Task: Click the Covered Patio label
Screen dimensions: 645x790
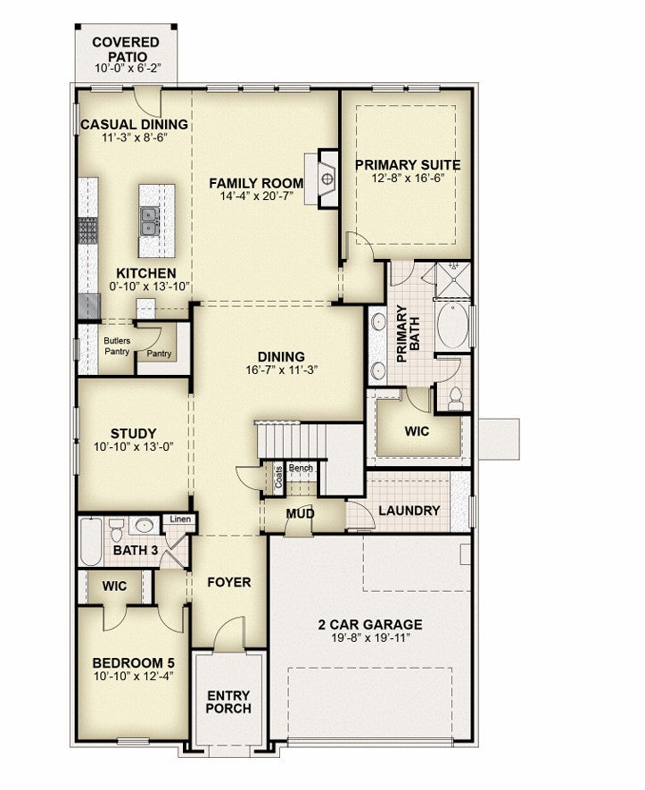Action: tap(126, 49)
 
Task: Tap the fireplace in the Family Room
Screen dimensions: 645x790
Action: tap(327, 178)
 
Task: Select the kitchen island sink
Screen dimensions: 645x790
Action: tap(150, 221)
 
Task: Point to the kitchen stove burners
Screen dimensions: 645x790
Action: tap(87, 231)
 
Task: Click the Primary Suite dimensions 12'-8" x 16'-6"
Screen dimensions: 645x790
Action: tap(408, 178)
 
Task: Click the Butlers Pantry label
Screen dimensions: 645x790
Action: tap(117, 346)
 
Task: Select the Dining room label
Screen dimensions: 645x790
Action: tap(281, 357)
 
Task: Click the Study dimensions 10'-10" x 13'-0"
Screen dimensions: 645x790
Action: tap(134, 446)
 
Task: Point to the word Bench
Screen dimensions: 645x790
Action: tap(301, 468)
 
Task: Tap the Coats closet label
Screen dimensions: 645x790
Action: tap(279, 476)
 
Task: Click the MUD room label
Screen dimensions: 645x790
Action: tap(300, 513)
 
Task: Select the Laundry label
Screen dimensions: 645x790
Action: tap(409, 511)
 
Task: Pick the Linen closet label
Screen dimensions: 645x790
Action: tap(180, 519)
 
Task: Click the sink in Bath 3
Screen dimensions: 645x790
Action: tap(145, 526)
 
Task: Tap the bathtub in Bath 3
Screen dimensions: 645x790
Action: tap(91, 542)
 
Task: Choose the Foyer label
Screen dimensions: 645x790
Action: tap(229, 582)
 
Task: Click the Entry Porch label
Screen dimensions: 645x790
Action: tap(228, 702)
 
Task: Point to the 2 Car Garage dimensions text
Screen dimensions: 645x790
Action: tap(370, 638)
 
